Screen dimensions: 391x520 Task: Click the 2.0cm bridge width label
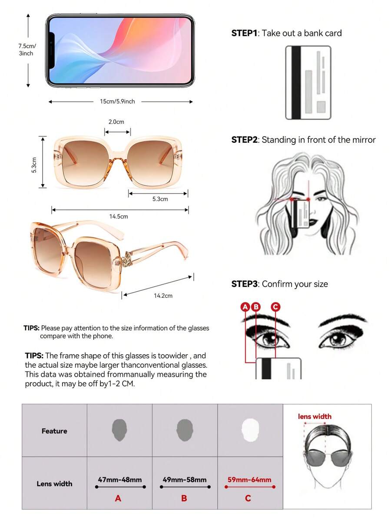[x=116, y=122]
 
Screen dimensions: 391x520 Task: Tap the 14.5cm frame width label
[x=119, y=217]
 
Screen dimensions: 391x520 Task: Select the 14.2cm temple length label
[x=163, y=296]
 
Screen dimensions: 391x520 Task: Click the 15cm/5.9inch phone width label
[x=117, y=102]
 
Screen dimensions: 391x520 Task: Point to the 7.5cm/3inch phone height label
[x=27, y=49]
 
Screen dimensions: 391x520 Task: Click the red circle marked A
[x=245, y=307]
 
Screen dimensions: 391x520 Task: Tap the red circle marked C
[x=275, y=307]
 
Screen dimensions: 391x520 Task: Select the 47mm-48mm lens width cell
[x=119, y=483]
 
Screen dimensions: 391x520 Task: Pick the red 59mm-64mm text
[x=249, y=480]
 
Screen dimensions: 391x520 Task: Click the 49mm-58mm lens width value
[x=185, y=480]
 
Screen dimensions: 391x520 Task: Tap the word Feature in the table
[x=54, y=431]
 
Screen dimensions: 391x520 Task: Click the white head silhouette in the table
[x=250, y=430]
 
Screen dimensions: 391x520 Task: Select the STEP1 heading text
[x=244, y=33]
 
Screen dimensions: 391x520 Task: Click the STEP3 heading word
[x=245, y=284]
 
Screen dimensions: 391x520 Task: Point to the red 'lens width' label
[x=315, y=416]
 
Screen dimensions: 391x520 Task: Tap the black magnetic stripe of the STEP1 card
[x=296, y=82]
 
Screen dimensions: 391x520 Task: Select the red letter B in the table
[x=184, y=498]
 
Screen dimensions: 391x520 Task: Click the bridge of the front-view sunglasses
[x=117, y=159]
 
